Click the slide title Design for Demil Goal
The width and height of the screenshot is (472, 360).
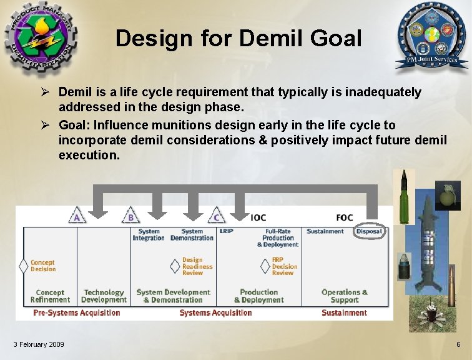click(238, 39)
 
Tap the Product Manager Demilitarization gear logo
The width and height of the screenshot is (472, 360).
click(38, 37)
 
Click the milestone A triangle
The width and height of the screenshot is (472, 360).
click(77, 216)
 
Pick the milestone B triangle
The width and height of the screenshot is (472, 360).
click(130, 216)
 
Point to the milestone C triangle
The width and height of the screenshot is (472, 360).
click(216, 216)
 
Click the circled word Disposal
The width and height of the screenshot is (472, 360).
click(369, 231)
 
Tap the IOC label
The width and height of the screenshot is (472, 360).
click(258, 217)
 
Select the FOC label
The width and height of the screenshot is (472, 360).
click(344, 217)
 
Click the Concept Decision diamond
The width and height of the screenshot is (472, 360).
click(24, 266)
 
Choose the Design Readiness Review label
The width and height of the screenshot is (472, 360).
click(197, 266)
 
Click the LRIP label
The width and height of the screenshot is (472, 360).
click(226, 231)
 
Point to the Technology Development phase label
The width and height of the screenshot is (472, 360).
click(104, 296)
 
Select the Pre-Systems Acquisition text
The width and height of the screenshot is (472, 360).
click(76, 312)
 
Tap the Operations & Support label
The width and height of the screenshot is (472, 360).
click(344, 296)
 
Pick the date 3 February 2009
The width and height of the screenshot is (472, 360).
click(38, 345)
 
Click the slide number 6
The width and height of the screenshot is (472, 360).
click(458, 345)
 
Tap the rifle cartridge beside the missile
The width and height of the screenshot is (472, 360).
click(451, 284)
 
